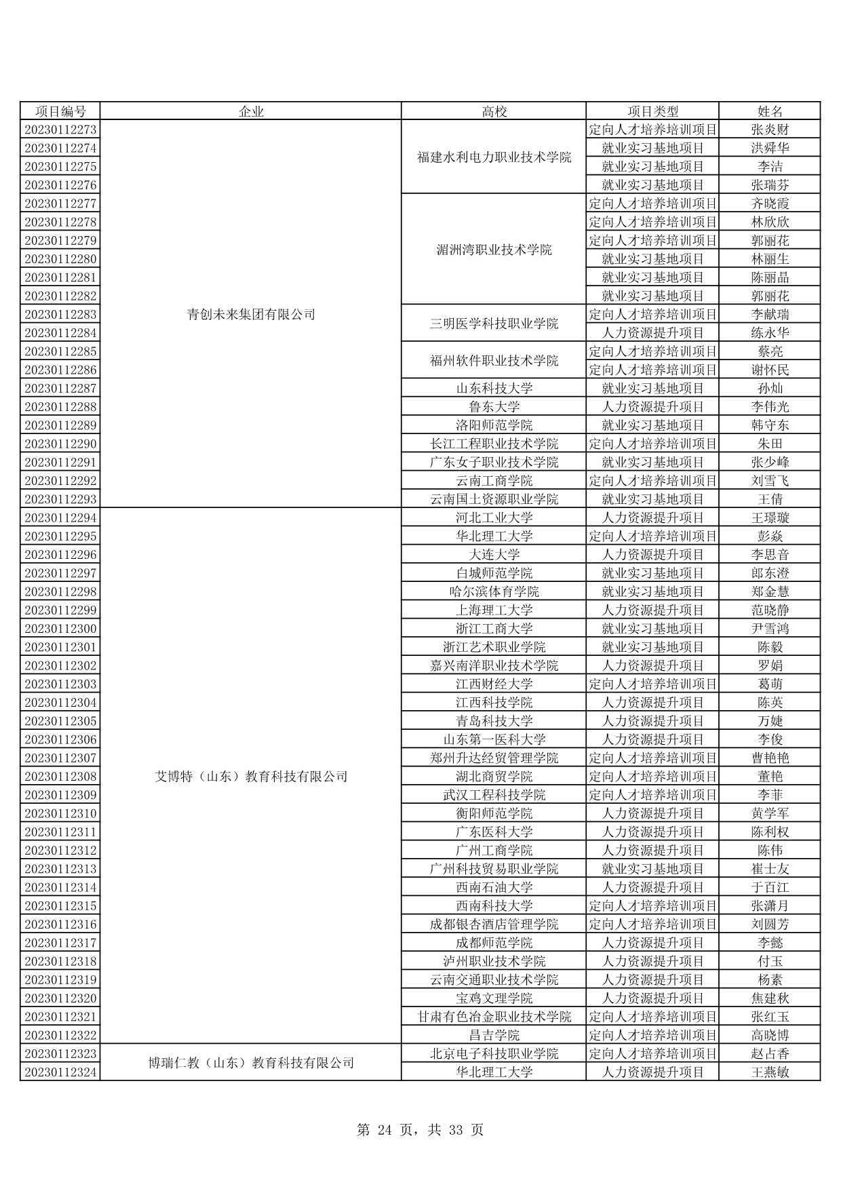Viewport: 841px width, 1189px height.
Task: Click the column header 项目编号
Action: [60, 111]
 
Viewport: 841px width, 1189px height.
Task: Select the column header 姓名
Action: [770, 111]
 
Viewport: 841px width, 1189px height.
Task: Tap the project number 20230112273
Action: [60, 130]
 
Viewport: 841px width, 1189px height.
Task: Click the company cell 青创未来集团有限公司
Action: [251, 314]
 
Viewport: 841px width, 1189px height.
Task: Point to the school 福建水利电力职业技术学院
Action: [494, 157]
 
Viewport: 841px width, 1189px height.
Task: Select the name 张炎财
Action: [770, 130]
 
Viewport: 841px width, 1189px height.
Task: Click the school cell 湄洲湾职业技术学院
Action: [494, 250]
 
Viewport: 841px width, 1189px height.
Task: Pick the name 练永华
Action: [770, 333]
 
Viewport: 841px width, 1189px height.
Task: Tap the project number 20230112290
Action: [60, 444]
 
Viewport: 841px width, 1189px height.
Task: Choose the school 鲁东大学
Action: [494, 407]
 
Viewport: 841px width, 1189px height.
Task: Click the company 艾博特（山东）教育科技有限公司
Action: [251, 776]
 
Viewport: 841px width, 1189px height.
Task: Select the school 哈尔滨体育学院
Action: [494, 591]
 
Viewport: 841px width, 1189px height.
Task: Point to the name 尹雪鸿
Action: [770, 629]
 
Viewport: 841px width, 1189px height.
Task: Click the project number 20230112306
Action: [60, 739]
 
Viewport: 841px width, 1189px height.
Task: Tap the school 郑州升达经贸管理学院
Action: [494, 758]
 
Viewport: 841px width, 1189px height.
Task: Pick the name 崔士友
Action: [770, 869]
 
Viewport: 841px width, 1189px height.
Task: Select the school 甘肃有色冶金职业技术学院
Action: [494, 1017]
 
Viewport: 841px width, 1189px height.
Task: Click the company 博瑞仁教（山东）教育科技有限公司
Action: [251, 1063]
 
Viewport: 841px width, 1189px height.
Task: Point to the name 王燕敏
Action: [770, 1072]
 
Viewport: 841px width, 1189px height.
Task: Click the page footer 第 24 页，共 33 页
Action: [420, 1130]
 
